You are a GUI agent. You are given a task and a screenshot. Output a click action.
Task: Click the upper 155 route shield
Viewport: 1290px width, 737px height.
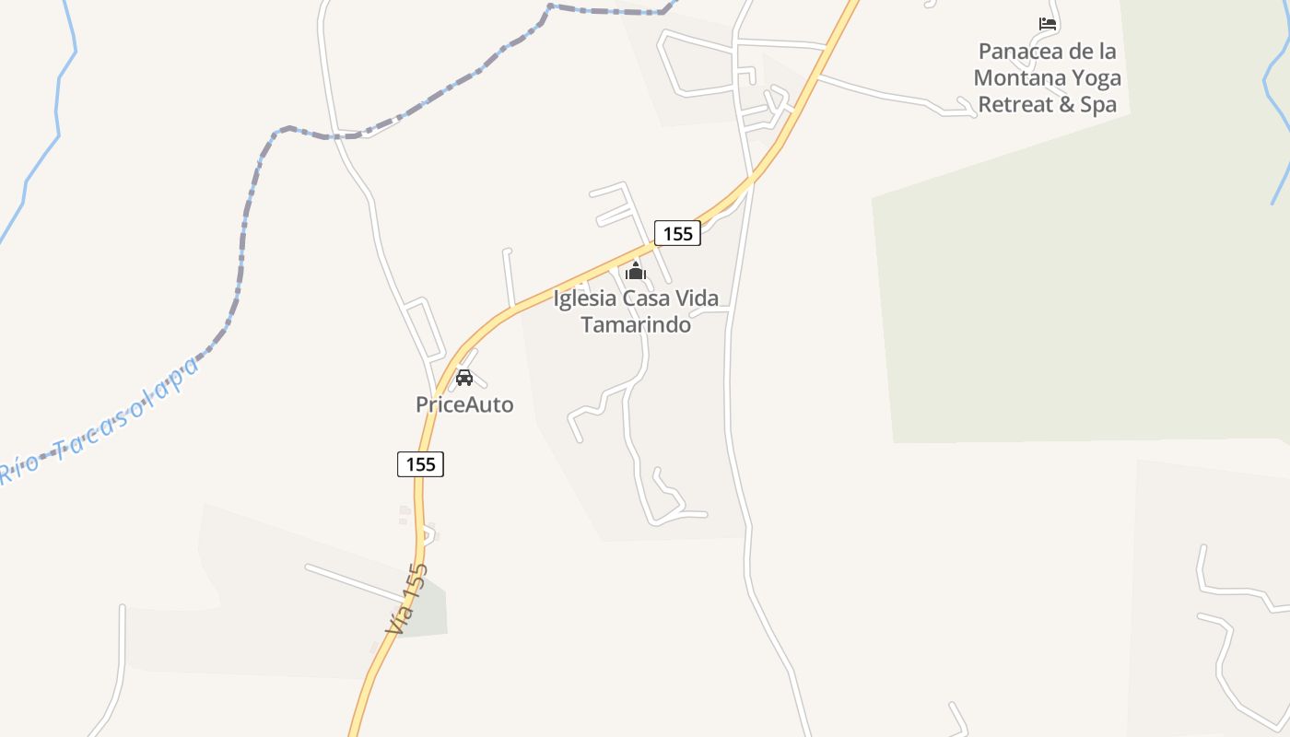pyautogui.click(x=677, y=234)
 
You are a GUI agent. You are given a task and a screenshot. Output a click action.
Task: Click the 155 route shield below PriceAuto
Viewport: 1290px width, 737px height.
pyautogui.click(x=420, y=464)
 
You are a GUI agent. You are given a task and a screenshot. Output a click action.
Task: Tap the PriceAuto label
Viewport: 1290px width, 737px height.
pyautogui.click(x=464, y=404)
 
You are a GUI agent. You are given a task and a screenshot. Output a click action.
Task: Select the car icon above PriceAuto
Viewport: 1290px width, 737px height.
pyautogui.click(x=464, y=378)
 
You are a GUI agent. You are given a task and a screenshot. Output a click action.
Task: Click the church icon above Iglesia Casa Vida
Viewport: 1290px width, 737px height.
pyautogui.click(x=636, y=272)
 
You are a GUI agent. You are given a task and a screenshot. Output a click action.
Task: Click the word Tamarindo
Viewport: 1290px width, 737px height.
pyautogui.click(x=636, y=324)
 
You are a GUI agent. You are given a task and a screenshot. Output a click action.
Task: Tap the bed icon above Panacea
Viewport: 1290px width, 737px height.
pyautogui.click(x=1047, y=24)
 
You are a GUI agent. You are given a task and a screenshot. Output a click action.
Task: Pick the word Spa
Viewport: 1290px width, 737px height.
pyautogui.click(x=1098, y=105)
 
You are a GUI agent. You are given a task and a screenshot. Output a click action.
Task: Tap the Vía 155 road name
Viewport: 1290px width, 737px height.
pyautogui.click(x=407, y=599)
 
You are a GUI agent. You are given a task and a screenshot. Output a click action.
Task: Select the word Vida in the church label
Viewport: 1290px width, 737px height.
pyautogui.click(x=698, y=298)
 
